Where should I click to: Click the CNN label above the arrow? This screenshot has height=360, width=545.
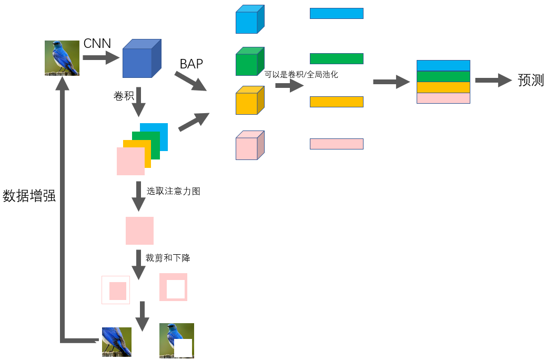[x=97, y=44]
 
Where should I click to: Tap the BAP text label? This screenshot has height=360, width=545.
[x=191, y=64]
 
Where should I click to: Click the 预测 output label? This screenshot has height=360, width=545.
[x=530, y=81]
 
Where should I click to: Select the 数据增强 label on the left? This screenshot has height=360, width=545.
[x=29, y=196]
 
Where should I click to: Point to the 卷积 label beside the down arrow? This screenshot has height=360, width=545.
[x=124, y=96]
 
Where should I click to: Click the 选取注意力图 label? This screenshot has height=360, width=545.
[x=173, y=192]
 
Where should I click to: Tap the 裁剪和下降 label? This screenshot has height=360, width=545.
[x=168, y=258]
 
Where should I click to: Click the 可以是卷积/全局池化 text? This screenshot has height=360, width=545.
[x=301, y=75]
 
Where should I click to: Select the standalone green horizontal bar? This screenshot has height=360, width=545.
[x=336, y=58]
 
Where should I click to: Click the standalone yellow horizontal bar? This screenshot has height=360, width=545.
[x=336, y=102]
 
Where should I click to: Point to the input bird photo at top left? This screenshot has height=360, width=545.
[x=62, y=58]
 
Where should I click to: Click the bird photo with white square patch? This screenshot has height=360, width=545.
[x=176, y=341]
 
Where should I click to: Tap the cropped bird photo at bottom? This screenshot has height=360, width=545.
[x=117, y=342]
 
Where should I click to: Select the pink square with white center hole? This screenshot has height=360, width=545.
[x=173, y=287]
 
